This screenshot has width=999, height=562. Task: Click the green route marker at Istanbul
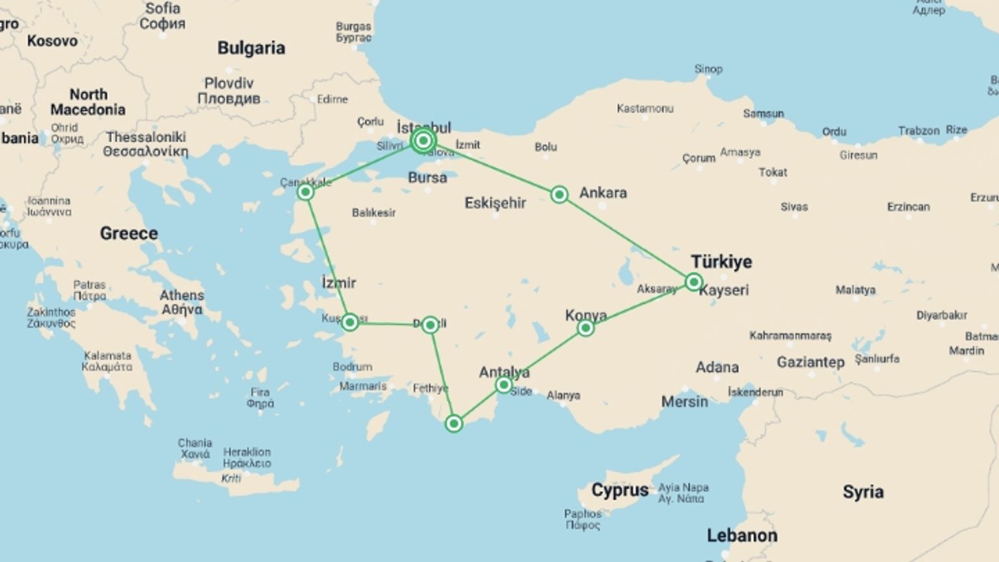tap(423, 140)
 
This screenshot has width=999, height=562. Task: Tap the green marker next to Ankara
tap(559, 194)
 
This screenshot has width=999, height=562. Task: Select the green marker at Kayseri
tap(694, 282)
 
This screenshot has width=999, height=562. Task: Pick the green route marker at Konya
tap(585, 328)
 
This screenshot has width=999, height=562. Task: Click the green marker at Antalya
tap(503, 386)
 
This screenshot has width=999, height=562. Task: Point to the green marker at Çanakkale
tap(305, 193)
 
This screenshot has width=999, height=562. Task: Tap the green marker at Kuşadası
tap(350, 322)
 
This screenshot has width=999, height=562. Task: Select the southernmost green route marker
tap(454, 424)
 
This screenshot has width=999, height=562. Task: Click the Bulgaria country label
tap(251, 48)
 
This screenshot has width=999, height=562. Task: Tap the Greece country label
tap(129, 234)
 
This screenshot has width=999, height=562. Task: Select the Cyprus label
tap(619, 490)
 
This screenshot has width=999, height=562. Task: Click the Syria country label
tap(862, 492)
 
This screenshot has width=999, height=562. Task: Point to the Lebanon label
tap(741, 536)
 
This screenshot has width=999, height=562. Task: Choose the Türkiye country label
tap(721, 261)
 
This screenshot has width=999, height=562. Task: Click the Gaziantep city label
tap(810, 362)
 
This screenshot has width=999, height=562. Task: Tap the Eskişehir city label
tap(495, 203)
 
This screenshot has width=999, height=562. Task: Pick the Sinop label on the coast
tap(708, 69)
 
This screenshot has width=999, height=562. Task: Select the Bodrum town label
tap(353, 367)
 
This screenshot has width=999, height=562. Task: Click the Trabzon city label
tap(918, 131)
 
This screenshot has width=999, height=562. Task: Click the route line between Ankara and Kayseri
tap(627, 239)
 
